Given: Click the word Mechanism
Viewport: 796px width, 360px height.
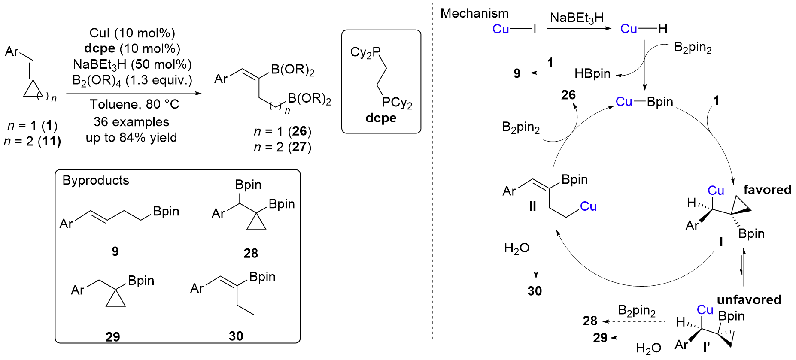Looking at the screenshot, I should pos(474,14).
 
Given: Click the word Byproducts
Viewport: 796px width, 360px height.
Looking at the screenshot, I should pos(96,180).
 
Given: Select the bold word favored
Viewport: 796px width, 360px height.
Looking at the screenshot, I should pos(767,190).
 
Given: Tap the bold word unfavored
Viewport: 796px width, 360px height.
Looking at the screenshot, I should pos(749,299).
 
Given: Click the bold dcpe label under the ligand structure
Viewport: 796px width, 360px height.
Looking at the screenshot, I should pos(381,118).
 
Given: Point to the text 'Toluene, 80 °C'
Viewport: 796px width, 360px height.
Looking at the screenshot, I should pos(134,104).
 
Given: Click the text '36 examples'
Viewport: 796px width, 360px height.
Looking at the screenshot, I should pos(131,122).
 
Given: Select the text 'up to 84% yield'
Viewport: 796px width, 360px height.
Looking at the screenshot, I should pos(131,138).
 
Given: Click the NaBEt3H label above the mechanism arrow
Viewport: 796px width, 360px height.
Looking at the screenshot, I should pos(577,18).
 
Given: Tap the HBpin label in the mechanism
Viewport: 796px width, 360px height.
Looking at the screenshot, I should pos(592,74).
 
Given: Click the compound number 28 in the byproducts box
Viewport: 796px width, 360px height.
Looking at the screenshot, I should pos(251,254).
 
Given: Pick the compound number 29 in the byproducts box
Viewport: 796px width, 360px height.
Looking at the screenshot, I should pos(112,337).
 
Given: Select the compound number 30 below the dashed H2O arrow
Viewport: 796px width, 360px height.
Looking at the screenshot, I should pos(535,291).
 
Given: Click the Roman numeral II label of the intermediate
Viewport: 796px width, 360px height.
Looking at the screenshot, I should pos(532,207).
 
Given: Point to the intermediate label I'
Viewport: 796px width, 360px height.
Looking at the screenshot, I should pos(706,346).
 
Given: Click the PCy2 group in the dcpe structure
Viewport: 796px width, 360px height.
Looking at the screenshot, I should pos(397,103).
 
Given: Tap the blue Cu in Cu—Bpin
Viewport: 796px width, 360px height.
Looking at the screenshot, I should pos(624,102).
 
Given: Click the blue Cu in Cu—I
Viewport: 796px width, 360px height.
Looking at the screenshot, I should pos(501,29).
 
